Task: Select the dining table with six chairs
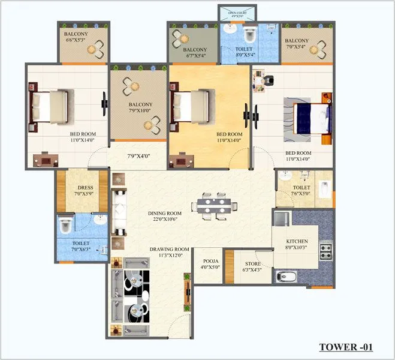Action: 214,205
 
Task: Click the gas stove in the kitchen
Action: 326,251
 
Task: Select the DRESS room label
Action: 83,190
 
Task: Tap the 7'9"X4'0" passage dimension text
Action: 138,157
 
